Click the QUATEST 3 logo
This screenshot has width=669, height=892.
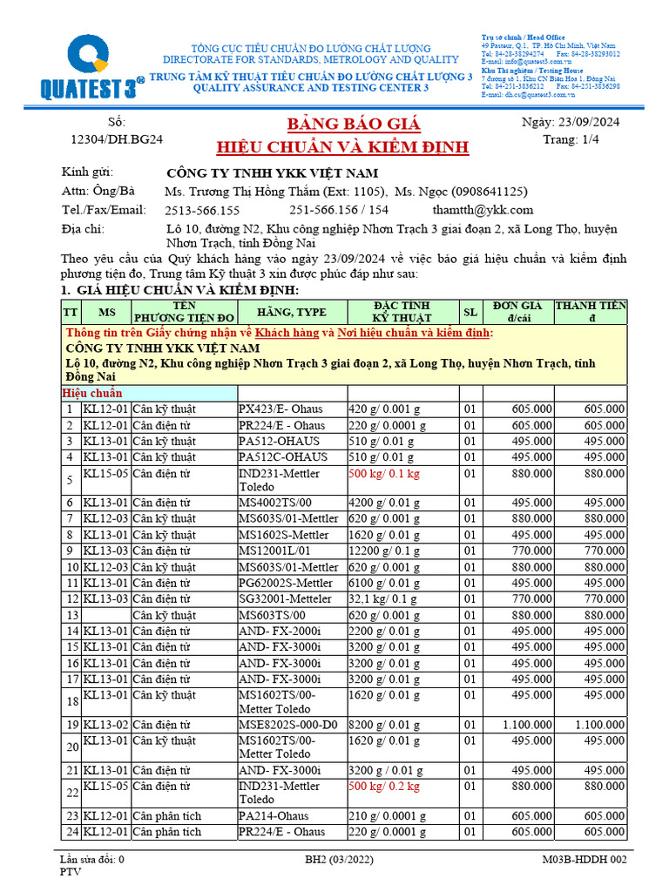point(74,66)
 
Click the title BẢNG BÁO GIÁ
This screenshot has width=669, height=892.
point(341,123)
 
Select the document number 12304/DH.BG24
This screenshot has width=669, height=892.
point(117,139)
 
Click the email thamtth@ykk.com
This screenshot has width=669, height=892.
point(483,210)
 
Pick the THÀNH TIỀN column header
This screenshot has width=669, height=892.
point(590,312)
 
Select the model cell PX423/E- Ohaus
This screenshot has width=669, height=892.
point(281,409)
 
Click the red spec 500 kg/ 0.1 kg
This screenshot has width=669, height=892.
point(383,474)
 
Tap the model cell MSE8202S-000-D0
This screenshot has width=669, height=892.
point(287,725)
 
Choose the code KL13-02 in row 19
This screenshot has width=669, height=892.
point(105,725)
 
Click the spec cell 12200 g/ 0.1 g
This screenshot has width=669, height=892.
point(387,551)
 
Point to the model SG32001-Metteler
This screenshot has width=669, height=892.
point(285,599)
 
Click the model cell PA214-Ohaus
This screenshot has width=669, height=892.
point(274,816)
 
